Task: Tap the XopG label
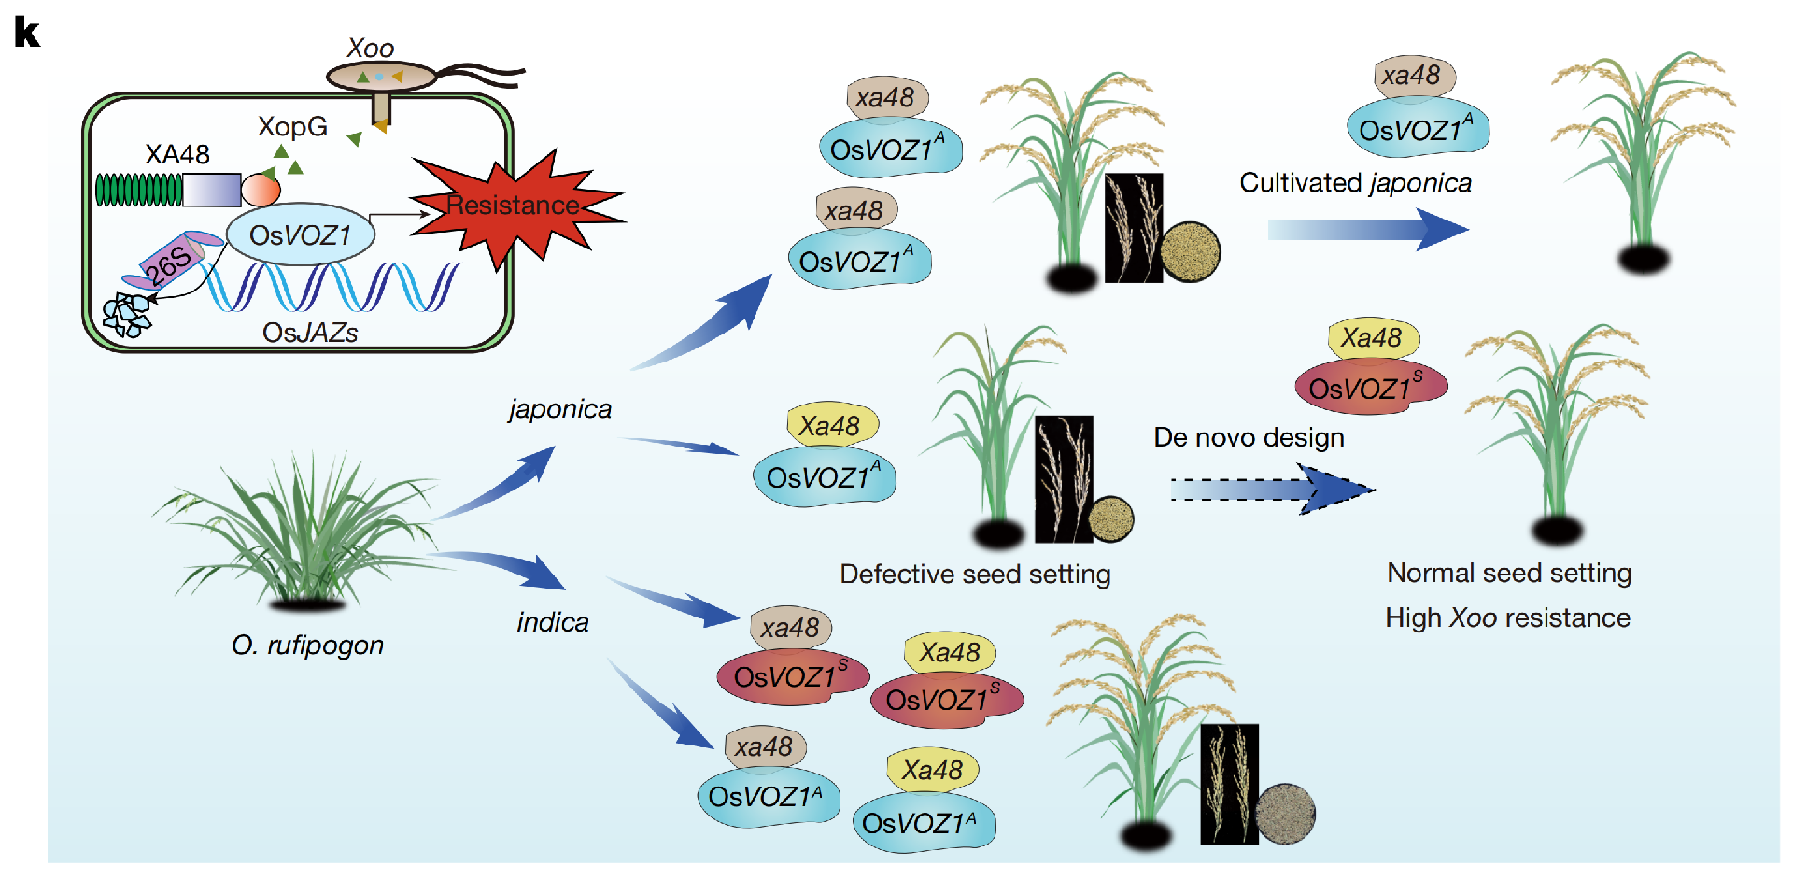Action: point(292,126)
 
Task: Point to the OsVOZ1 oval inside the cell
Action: point(300,234)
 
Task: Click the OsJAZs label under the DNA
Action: point(310,333)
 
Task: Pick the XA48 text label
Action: point(177,154)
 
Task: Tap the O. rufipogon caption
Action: point(307,645)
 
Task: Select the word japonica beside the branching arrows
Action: point(560,409)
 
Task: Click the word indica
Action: point(553,622)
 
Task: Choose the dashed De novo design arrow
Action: point(1270,490)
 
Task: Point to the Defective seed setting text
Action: point(975,574)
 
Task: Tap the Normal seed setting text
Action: point(1509,573)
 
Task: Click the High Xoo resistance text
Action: point(1507,617)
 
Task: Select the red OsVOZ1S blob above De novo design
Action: point(1370,387)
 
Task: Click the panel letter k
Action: point(27,33)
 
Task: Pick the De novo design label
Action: point(1249,437)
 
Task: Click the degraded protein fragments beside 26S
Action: point(127,314)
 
